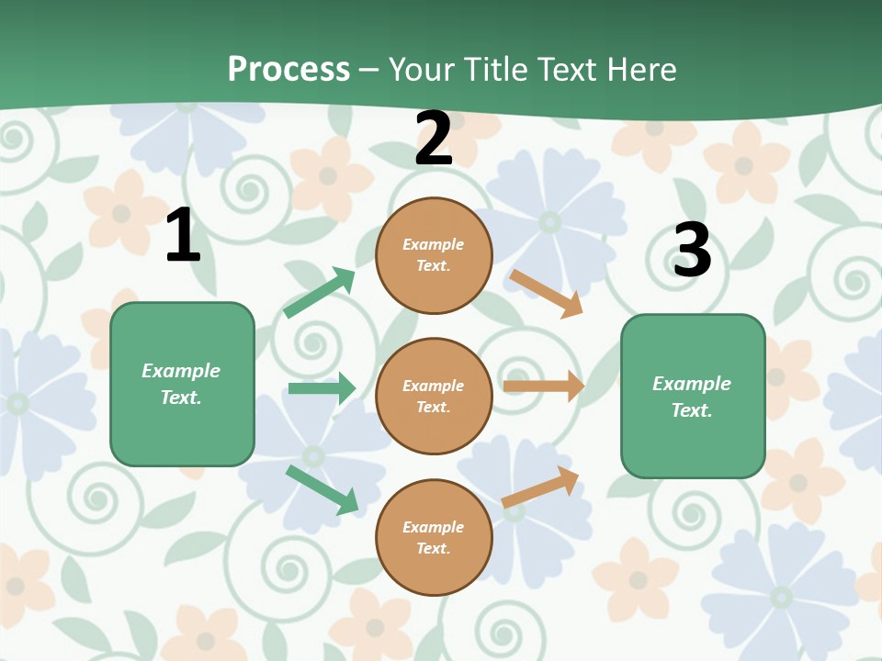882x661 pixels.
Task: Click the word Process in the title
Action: [288, 70]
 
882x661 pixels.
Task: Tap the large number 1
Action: [183, 236]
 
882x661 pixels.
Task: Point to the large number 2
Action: [434, 139]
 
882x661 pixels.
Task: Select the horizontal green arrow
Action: [322, 388]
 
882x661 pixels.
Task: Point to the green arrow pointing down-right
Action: [322, 489]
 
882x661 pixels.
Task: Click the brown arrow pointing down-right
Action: [546, 293]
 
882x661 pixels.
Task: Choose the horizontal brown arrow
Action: [543, 387]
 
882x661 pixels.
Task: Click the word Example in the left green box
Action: [181, 371]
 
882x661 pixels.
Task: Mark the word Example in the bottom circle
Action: [434, 527]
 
